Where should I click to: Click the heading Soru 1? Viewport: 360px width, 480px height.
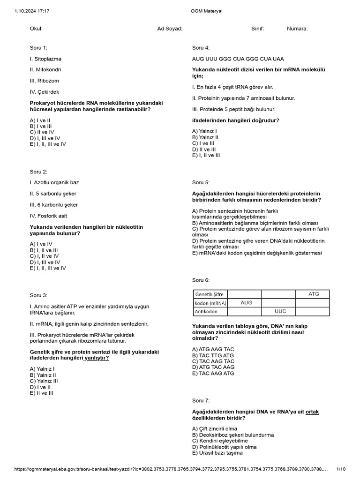coord(38,48)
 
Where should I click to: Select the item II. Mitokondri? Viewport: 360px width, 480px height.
coord(45,70)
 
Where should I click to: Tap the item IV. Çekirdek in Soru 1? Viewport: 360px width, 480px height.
coord(45,92)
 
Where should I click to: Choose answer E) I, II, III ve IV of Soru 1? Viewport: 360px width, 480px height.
coord(48,144)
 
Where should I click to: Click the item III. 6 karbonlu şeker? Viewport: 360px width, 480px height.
coord(54,205)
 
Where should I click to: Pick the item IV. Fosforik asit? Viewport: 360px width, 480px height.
coord(48,216)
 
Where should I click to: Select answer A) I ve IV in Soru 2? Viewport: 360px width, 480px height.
coord(41,244)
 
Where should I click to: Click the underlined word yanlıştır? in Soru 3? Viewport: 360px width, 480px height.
coord(97,358)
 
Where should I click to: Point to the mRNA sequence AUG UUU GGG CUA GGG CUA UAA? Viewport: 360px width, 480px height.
coord(238,59)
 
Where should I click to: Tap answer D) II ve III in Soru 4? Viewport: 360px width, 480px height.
coord(204,149)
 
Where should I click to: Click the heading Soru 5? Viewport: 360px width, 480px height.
coord(201,182)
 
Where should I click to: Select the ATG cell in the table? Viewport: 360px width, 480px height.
coord(313,294)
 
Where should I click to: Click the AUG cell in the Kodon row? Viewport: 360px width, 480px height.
coord(246,303)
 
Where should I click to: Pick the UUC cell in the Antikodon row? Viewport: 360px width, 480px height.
coord(280,311)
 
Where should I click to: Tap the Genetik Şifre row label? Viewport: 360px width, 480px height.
coord(210,294)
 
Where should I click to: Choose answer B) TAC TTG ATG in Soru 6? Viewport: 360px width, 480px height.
coord(213,355)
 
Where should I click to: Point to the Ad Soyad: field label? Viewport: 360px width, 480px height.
coord(170,29)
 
